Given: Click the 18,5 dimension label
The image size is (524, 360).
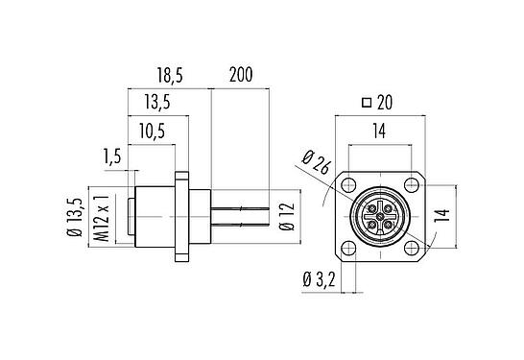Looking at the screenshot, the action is click(x=170, y=75).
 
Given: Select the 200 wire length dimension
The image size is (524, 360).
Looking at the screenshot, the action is click(x=241, y=75).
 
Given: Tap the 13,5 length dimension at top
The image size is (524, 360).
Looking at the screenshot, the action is click(x=157, y=102).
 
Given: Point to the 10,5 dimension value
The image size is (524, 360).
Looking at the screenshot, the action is click(x=152, y=131).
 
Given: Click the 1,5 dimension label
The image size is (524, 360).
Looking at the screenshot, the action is click(x=112, y=156).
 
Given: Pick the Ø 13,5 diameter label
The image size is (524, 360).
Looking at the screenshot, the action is click(x=75, y=217).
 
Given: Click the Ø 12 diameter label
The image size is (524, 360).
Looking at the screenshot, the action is click(x=287, y=217).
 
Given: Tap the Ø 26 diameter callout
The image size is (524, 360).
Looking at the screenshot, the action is click(x=316, y=162).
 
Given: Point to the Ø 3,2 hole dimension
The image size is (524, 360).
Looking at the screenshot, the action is click(x=319, y=279).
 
